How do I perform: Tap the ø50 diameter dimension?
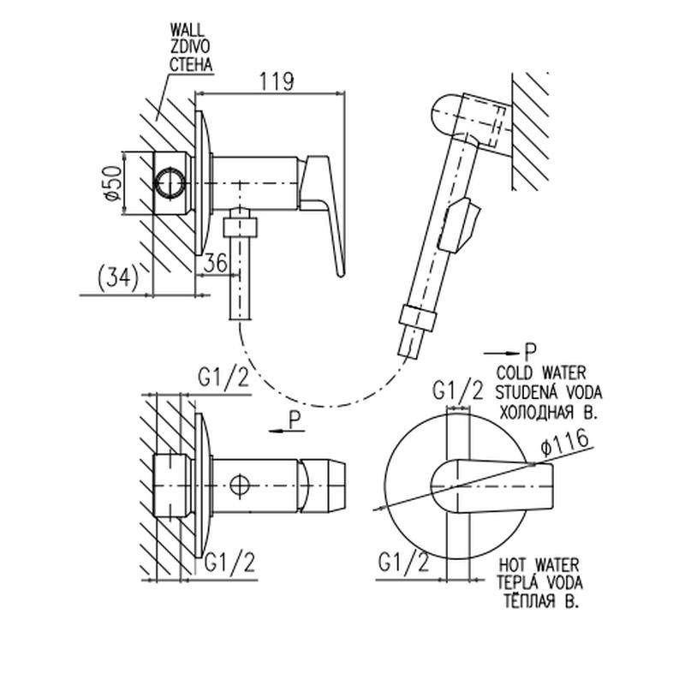(110, 182)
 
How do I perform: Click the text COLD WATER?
(540, 372)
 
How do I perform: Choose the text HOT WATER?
(538, 566)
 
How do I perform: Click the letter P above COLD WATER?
(530, 351)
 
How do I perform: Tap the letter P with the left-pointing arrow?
(295, 420)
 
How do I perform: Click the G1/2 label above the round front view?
(458, 391)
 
